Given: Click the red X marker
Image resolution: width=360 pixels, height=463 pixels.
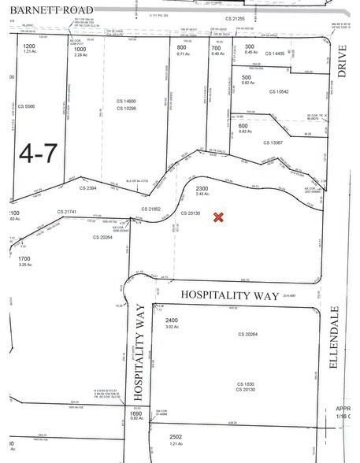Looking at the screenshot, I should tap(219, 217).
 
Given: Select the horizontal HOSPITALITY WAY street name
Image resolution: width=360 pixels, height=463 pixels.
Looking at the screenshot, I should tap(230, 295).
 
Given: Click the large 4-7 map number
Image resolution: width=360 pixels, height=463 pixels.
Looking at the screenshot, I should tap(36, 153).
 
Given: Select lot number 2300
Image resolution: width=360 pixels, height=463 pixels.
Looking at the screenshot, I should tap(202, 188).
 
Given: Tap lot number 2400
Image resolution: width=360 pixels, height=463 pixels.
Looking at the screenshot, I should tap(172, 320).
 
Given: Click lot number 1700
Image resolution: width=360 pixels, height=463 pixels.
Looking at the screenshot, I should tap(24, 257).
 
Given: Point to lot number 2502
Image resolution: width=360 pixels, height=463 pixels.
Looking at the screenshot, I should tap(174, 435).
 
